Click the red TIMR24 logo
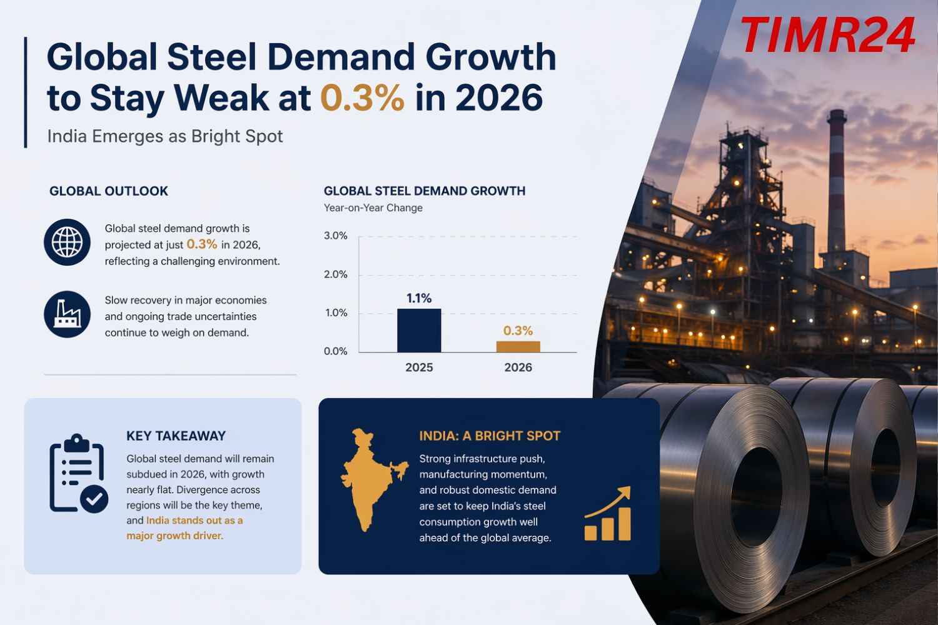coord(827,36)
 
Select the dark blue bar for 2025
coord(419,331)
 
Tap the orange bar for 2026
coord(518,346)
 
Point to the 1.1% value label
coord(419,298)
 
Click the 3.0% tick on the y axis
coord(336,236)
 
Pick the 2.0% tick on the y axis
coord(336,274)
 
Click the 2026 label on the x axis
coord(518,367)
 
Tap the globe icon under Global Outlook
coord(67,242)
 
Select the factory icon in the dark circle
coord(67,314)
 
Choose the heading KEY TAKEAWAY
coord(176,436)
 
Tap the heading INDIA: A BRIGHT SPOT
coord(490,436)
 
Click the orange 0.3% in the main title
coord(362,98)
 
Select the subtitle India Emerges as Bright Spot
coord(165,136)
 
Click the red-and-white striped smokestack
coord(836,181)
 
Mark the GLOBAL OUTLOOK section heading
coord(109,191)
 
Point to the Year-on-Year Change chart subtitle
coord(373,207)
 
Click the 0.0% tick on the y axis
coord(336,351)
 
